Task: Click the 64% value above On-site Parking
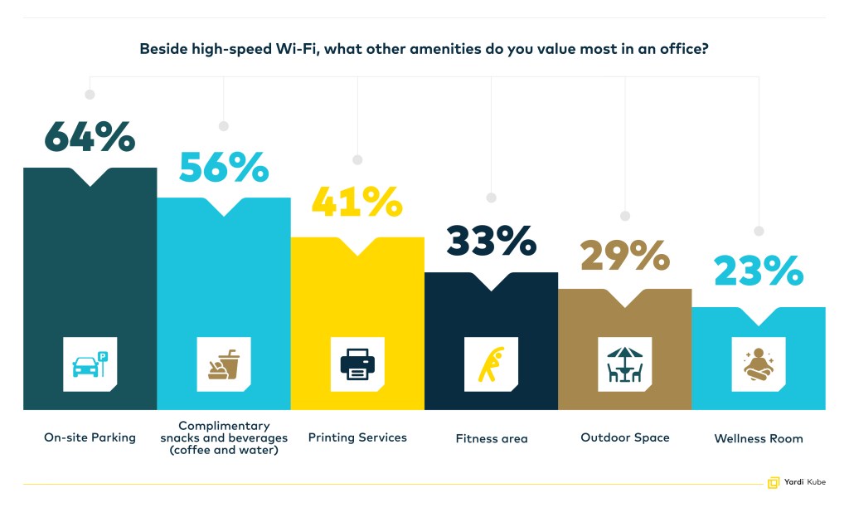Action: [90, 137]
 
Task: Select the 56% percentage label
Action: [224, 167]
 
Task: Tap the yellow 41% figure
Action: [357, 202]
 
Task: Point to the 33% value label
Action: [491, 241]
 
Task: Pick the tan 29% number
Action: [625, 256]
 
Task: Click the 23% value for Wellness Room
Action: [759, 271]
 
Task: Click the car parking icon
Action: [90, 364]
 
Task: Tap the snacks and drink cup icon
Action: [224, 364]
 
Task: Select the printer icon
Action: [357, 364]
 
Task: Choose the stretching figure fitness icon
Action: [491, 364]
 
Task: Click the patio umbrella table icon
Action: [625, 364]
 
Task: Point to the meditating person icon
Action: [759, 364]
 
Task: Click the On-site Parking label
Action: [90, 437]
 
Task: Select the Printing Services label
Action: [357, 437]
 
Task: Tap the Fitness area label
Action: [492, 438]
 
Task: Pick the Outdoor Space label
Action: [625, 437]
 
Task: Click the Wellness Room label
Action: [759, 438]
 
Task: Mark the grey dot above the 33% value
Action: [491, 198]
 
